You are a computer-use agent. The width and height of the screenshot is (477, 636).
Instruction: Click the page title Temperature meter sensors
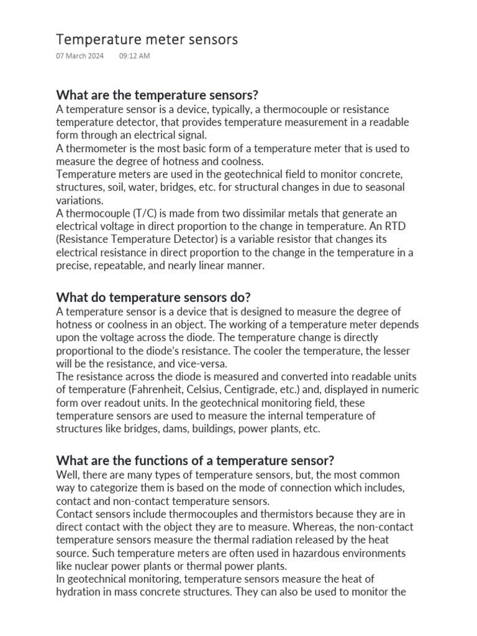click(147, 40)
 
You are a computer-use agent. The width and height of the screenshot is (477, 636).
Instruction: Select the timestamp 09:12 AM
click(134, 56)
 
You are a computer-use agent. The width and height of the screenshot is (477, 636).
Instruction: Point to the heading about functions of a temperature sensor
click(195, 460)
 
